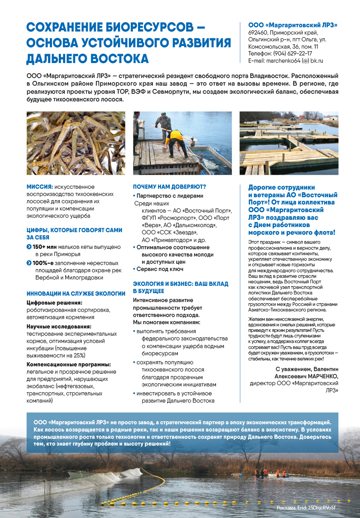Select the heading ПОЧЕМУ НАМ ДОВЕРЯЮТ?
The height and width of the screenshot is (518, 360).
[169, 187]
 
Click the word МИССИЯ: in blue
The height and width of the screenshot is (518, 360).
[40, 187]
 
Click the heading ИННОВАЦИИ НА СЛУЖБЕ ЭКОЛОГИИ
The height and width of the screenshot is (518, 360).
[76, 294]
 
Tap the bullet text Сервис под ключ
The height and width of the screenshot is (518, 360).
[160, 269]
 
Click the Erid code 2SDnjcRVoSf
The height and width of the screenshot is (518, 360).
[323, 508]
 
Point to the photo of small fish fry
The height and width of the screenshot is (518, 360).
[76, 143]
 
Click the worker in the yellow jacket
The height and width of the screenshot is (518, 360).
[175, 138]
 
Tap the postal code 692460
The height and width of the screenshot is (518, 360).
[258, 32]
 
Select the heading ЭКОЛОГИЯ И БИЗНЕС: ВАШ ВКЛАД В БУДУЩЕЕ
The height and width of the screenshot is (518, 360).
[180, 287]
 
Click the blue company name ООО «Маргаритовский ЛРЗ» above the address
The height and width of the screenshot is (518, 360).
[293, 25]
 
